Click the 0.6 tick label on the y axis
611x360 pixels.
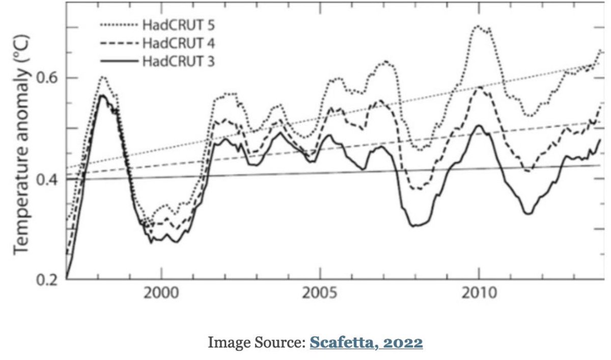48,78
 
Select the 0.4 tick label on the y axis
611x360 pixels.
48,180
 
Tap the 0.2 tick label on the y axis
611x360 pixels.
48,280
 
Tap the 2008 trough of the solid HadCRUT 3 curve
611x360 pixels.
415,225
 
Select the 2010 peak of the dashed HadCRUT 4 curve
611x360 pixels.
479,88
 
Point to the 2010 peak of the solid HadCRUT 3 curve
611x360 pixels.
479,125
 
